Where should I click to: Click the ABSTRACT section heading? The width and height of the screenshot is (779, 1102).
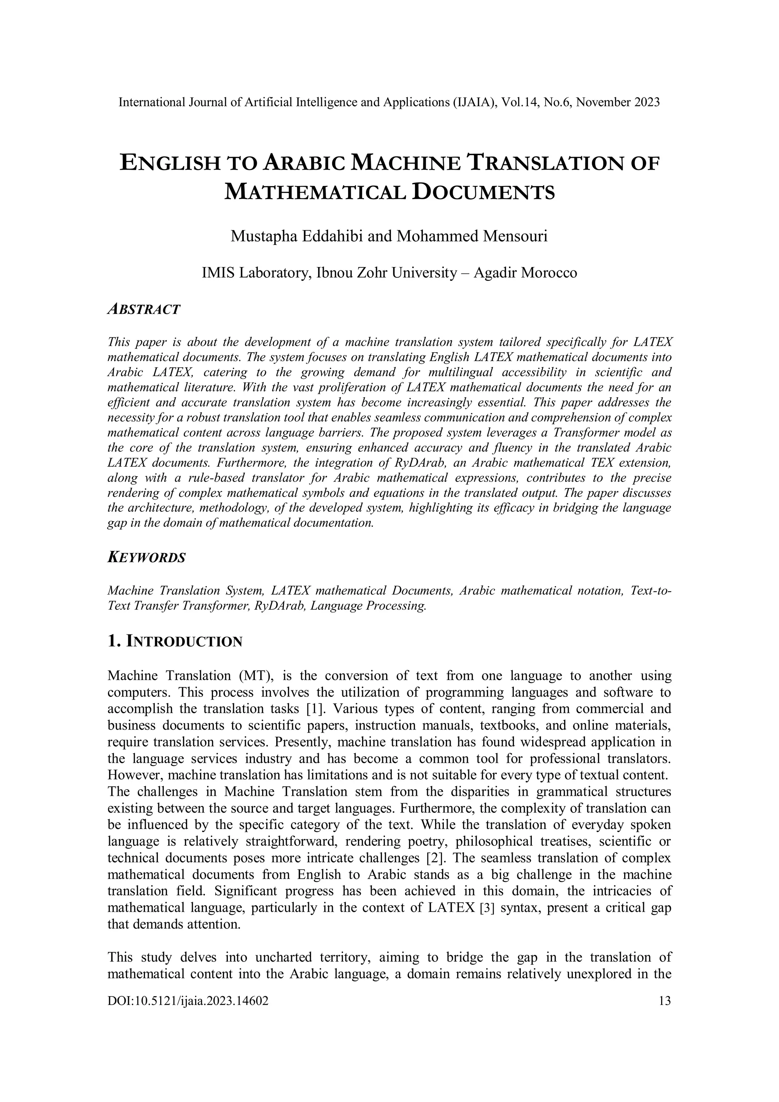coord(143,310)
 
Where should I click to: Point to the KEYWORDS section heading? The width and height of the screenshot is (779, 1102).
coord(146,558)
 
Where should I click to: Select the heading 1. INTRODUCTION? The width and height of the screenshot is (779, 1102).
coord(175,641)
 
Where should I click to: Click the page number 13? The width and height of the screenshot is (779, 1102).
coord(665,1001)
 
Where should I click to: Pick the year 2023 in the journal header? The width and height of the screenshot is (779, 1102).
coord(646,102)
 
